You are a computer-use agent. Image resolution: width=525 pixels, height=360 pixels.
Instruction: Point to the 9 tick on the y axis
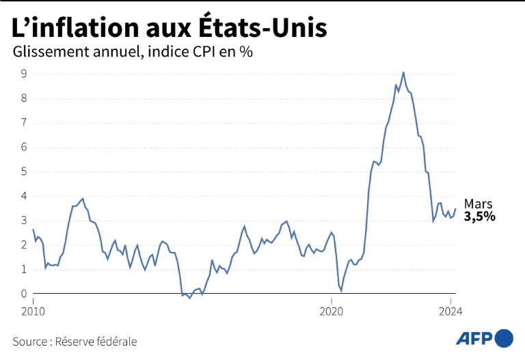tap(23, 74)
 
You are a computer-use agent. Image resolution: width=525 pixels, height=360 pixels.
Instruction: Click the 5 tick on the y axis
tap(23, 171)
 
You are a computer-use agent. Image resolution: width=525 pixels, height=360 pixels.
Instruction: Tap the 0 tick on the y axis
tap(23, 294)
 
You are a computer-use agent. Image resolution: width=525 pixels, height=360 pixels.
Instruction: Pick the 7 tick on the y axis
tap(23, 123)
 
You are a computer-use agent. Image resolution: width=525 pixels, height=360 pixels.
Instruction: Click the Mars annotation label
tap(478, 204)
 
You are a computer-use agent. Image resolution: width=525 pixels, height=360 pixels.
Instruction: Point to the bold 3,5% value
tap(480, 217)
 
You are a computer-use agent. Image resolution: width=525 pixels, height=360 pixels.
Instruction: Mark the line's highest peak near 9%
tap(403, 72)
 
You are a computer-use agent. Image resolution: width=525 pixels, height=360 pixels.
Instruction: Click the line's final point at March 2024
tap(455, 209)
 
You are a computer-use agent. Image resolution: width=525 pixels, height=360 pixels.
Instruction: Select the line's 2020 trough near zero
tap(341, 291)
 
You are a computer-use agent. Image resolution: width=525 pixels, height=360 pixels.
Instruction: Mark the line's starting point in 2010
tap(33, 230)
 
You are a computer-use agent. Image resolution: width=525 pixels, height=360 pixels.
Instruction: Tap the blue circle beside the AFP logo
tap(504, 338)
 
